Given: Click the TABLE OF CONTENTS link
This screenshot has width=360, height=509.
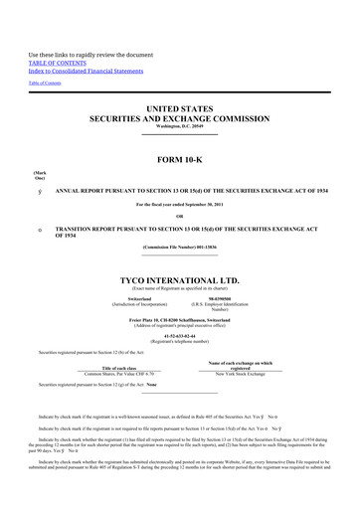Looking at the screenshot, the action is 59,59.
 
